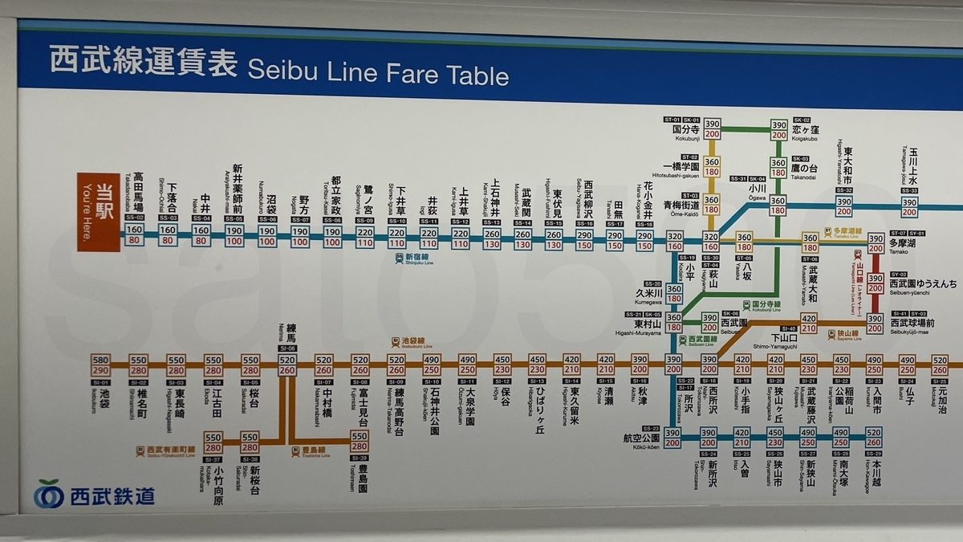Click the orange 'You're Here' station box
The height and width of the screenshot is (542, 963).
(98, 212)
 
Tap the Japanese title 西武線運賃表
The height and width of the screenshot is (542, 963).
(144, 61)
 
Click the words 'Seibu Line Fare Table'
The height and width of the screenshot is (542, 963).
(378, 72)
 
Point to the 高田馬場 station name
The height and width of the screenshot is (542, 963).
(138, 190)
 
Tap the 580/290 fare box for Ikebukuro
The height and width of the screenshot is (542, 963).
(100, 365)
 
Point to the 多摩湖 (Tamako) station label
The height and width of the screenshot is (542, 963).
(901, 242)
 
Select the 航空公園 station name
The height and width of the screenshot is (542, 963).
(640, 438)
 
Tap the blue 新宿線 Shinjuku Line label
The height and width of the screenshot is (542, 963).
(413, 258)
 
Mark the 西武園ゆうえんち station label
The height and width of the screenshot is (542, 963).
(922, 284)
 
